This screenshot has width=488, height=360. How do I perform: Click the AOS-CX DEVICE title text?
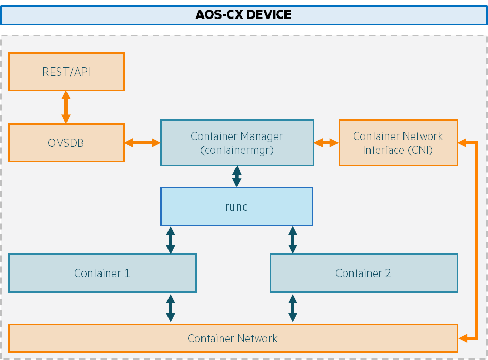click(243, 14)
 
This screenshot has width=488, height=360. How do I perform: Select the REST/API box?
click(66, 72)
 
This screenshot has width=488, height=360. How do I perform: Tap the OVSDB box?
click(66, 143)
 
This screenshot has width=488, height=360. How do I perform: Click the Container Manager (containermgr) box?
click(237, 143)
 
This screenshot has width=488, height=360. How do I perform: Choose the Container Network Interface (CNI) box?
click(398, 143)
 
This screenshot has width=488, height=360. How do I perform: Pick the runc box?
click(237, 207)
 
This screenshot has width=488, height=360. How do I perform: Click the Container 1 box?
click(103, 273)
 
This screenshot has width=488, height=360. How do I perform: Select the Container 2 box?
click(363, 273)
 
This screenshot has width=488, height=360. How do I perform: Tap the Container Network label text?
click(232, 338)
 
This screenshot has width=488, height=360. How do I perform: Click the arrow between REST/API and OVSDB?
click(65, 107)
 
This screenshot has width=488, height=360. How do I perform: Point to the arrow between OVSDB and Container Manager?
click(142, 143)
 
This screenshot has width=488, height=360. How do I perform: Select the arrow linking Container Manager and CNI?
click(326, 143)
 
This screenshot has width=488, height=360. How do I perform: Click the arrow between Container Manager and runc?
click(237, 177)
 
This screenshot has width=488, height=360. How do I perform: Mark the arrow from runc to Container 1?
click(171, 240)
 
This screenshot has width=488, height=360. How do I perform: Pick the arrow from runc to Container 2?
click(293, 240)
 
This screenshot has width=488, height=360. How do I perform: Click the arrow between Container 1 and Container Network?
click(171, 308)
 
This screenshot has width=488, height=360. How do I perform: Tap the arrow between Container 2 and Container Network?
click(293, 308)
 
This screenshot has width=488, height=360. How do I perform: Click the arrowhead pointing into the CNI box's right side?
click(462, 143)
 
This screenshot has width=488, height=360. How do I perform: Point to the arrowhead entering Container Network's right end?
click(463, 338)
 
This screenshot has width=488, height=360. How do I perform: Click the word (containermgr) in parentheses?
click(237, 150)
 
